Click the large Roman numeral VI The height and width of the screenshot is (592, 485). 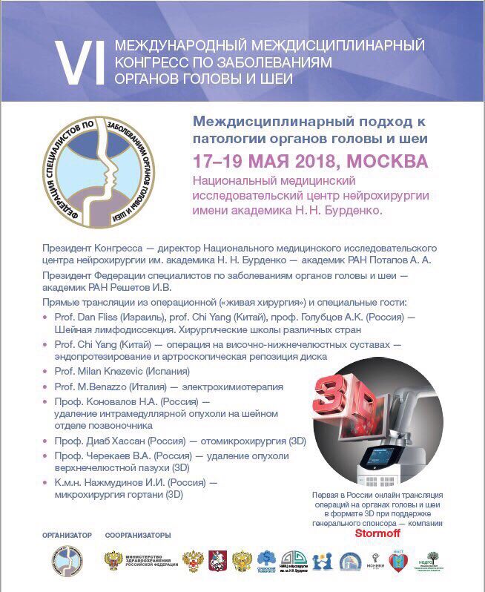pyautogui.click(x=78, y=62)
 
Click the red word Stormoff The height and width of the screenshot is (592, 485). pyautogui.click(x=378, y=533)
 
